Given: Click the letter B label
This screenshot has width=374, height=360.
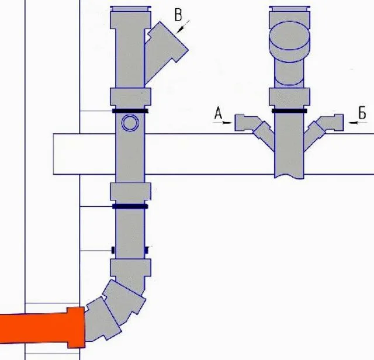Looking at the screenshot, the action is (178, 15).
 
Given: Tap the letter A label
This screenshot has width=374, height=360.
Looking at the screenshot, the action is (218, 113).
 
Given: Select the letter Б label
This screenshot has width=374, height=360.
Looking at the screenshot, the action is (362, 113).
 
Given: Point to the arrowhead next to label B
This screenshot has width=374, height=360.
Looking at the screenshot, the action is (181, 29).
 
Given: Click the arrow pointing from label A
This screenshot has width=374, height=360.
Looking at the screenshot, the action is (222, 123).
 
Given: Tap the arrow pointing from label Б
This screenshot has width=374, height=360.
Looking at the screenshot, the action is (358, 123).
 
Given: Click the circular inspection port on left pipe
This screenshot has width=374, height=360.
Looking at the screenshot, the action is (130, 123).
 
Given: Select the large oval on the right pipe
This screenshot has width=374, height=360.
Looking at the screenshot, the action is (290, 36).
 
